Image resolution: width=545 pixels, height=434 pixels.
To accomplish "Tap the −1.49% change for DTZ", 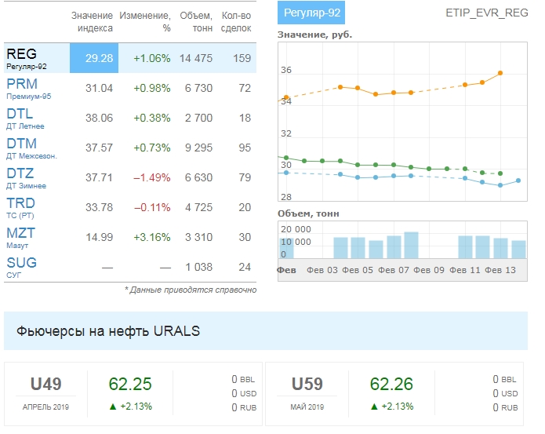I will pyautogui.click(x=152, y=177).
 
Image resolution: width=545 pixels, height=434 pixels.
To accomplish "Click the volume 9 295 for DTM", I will pyautogui.click(x=196, y=148).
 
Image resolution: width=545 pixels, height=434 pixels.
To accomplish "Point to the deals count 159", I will pyautogui.click(x=242, y=58).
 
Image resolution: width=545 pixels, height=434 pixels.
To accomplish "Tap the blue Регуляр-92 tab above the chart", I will pyautogui.click(x=311, y=13).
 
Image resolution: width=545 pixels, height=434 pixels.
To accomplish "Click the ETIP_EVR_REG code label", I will pyautogui.click(x=486, y=13).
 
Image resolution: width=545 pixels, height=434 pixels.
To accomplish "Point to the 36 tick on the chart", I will pyautogui.click(x=286, y=71).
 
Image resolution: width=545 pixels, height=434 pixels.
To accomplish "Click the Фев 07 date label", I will pyautogui.click(x=394, y=270).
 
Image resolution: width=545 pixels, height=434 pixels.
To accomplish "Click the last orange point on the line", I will pyautogui.click(x=500, y=73).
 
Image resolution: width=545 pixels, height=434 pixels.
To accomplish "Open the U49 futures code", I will pyautogui.click(x=45, y=385).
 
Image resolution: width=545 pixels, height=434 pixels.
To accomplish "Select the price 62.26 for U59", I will pyautogui.click(x=391, y=385).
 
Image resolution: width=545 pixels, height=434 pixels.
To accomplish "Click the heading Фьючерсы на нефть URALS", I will pyautogui.click(x=108, y=331).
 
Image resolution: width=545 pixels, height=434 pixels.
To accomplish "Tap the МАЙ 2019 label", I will pyautogui.click(x=307, y=407).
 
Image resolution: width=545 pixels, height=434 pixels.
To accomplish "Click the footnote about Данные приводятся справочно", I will pyautogui.click(x=191, y=290).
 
